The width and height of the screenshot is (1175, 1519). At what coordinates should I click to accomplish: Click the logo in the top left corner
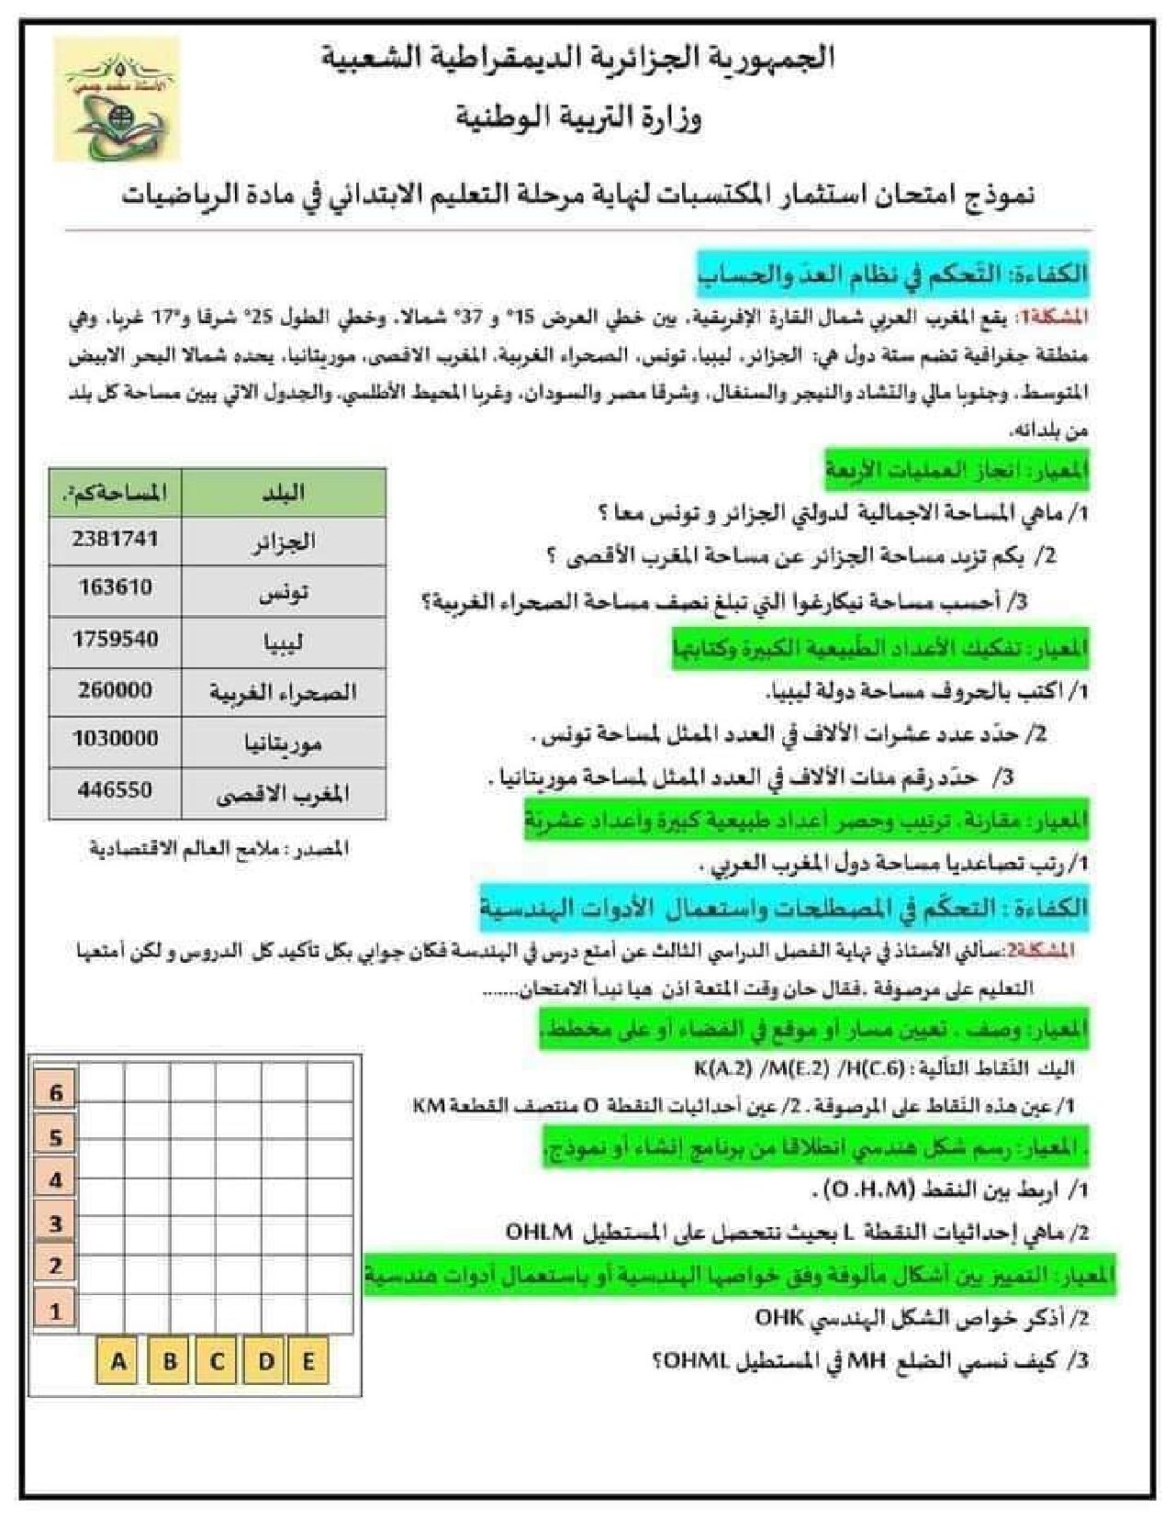click(x=117, y=100)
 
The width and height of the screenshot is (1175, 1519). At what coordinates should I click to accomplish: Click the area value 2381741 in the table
click(x=115, y=539)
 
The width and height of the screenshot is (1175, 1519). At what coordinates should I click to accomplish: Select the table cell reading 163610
click(x=115, y=588)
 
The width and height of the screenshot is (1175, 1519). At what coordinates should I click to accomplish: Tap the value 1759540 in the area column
click(x=115, y=639)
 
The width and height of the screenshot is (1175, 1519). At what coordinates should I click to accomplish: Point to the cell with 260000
click(x=115, y=689)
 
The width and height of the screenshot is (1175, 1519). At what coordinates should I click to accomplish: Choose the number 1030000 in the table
click(x=115, y=739)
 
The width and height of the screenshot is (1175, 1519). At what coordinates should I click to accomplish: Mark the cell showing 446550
click(x=115, y=789)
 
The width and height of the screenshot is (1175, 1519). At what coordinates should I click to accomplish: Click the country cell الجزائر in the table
click(x=284, y=542)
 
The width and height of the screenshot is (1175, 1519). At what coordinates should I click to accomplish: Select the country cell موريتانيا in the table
click(x=284, y=742)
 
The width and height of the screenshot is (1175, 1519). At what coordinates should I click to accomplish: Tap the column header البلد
click(x=284, y=493)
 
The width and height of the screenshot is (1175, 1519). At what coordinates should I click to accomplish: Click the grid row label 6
click(x=56, y=1093)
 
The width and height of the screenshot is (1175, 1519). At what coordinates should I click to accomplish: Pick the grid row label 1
click(x=56, y=1311)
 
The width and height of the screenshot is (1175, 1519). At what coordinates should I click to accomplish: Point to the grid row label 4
click(x=56, y=1179)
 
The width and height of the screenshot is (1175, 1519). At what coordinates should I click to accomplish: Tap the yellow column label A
click(x=118, y=1361)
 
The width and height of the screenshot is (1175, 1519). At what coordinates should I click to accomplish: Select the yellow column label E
click(x=308, y=1361)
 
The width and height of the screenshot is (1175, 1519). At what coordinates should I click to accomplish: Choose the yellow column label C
click(x=218, y=1361)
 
